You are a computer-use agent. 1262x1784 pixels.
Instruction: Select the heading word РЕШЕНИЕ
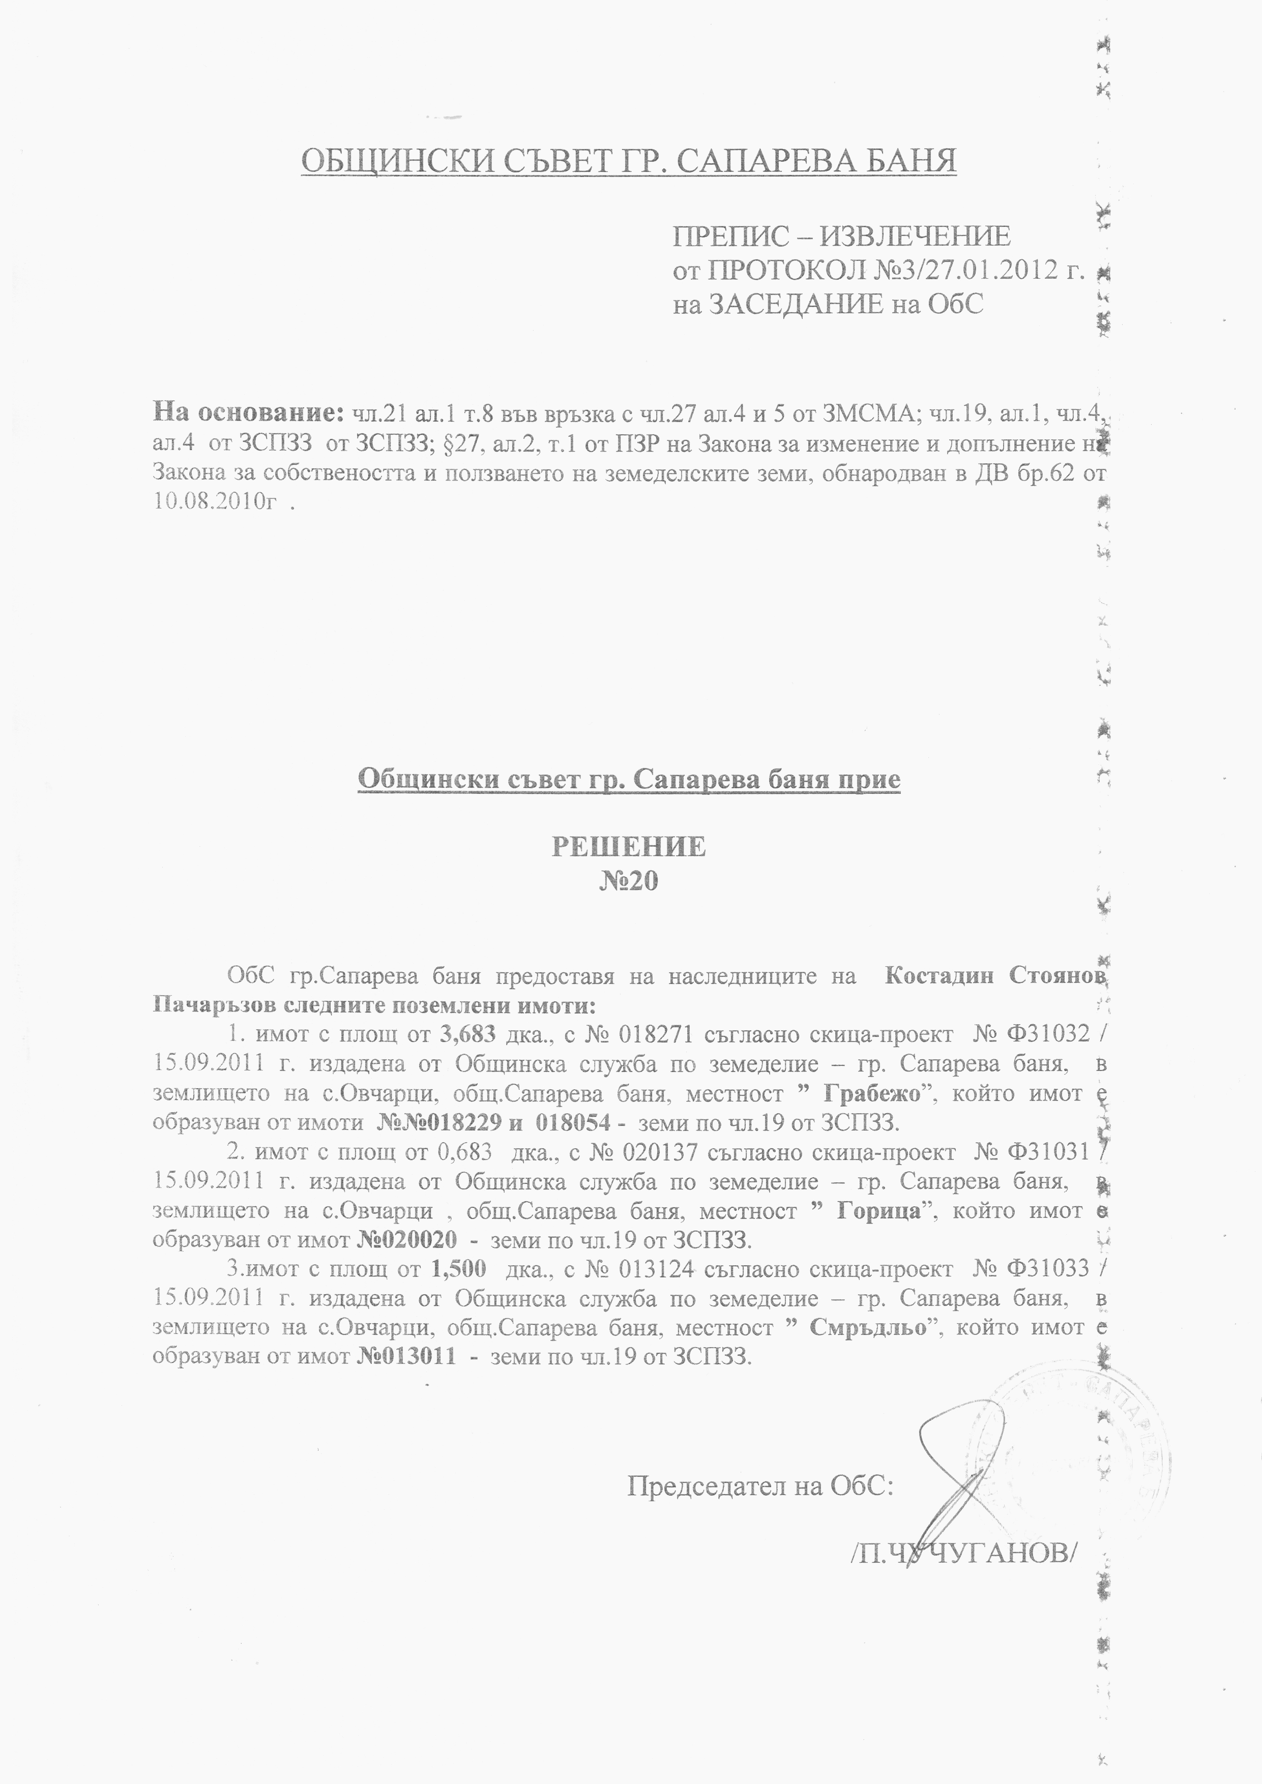(x=629, y=846)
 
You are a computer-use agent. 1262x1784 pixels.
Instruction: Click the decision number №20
(x=629, y=881)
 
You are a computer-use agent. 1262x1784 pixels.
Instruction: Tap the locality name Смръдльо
(x=868, y=1327)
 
